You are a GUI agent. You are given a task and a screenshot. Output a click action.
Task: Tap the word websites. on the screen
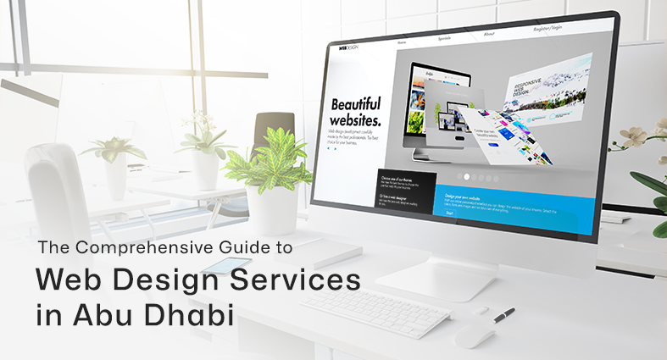point(355,121)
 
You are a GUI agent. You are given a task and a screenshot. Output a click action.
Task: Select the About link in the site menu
point(489,35)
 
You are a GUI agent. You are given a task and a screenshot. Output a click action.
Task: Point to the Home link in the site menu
point(401,42)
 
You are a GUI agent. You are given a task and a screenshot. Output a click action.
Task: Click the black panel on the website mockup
point(406,191)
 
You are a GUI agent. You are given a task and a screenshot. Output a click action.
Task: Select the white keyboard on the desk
point(374,311)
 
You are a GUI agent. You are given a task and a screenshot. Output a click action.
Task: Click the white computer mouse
point(474,335)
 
